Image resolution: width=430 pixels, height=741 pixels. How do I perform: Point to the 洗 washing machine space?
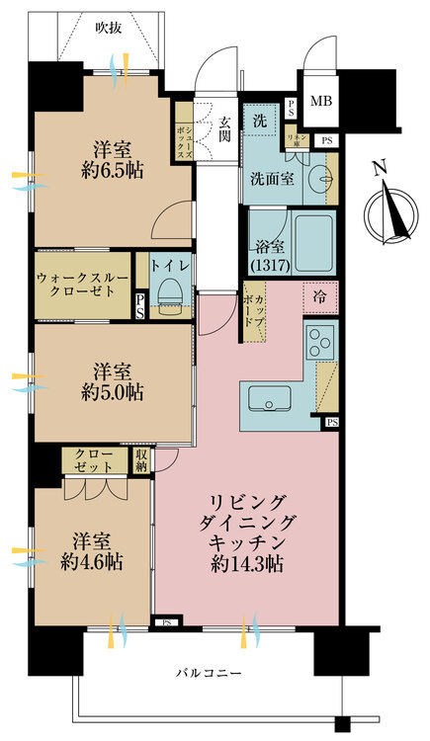click(x=259, y=121)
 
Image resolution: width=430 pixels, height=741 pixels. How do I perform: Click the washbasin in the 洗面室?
click(x=319, y=180)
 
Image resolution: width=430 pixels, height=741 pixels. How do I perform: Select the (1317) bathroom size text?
click(x=265, y=264)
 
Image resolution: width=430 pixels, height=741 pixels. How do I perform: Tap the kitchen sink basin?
click(x=267, y=400)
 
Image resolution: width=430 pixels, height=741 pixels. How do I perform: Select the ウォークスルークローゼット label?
click(x=82, y=287)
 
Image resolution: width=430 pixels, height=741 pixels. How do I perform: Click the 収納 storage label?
click(x=141, y=459)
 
